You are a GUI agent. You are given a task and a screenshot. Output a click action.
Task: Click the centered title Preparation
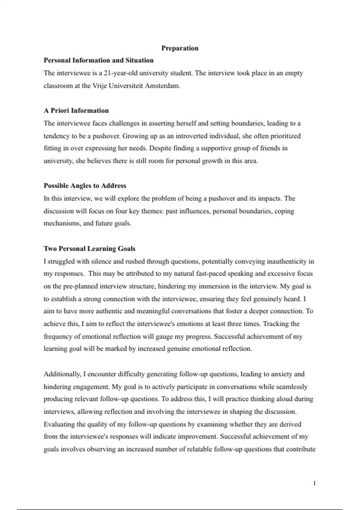click(x=180, y=48)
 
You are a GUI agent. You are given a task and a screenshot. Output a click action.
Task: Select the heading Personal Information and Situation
click(x=98, y=60)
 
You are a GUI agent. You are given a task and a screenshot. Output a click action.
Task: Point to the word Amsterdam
click(x=162, y=86)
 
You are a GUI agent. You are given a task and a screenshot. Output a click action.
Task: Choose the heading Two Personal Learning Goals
click(x=89, y=249)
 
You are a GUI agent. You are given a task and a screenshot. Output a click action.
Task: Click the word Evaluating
click(x=59, y=424)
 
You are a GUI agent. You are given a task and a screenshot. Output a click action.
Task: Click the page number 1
click(x=314, y=483)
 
